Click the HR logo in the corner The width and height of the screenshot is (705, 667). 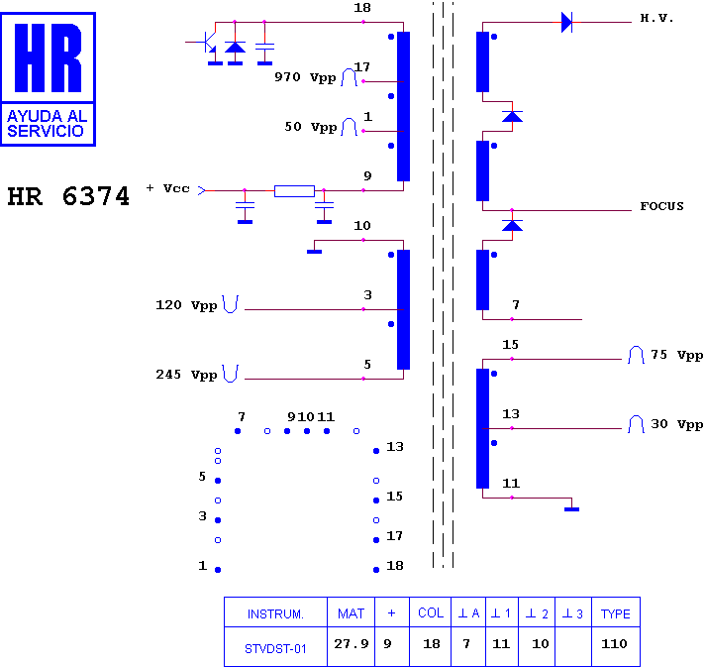[x=49, y=79]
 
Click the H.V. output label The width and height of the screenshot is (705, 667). [x=656, y=18]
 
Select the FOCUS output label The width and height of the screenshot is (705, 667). [x=661, y=206]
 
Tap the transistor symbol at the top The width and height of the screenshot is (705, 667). [x=207, y=43]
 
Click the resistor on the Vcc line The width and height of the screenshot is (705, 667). [x=294, y=191]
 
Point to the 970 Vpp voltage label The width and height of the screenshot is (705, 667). [x=305, y=77]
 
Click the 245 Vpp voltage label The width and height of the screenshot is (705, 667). [x=186, y=375]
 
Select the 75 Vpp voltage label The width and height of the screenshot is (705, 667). [x=676, y=355]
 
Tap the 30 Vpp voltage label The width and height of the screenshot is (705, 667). [x=676, y=424]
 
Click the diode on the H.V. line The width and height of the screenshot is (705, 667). [x=567, y=22]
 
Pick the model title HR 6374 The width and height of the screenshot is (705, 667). [x=68, y=196]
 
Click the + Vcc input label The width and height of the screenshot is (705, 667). [x=167, y=188]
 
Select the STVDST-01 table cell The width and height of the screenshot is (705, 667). [x=275, y=648]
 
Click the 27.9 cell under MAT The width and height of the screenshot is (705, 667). [x=352, y=644]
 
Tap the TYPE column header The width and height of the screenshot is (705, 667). [x=616, y=613]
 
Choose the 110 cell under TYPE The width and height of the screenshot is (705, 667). [x=614, y=644]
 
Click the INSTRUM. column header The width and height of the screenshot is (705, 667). [x=275, y=614]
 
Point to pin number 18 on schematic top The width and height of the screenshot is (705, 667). [x=362, y=8]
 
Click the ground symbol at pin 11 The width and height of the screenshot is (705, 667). [x=571, y=509]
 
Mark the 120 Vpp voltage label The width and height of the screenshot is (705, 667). [x=186, y=305]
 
